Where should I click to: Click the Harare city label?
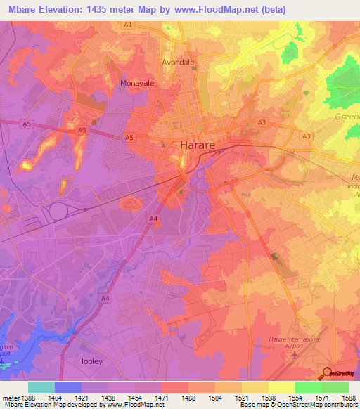(x=201, y=145)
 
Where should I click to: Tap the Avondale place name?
(x=179, y=62)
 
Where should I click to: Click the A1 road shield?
(x=128, y=25)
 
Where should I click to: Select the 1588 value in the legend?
(x=349, y=398)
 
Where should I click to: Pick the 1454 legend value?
(x=136, y=398)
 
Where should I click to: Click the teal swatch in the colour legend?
(x=41, y=387)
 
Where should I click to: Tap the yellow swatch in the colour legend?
(x=281, y=387)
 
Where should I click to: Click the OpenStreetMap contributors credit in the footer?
(x=321, y=405)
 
